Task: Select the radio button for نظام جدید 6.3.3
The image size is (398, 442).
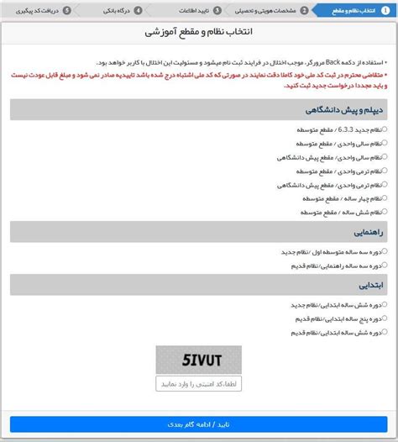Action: pos(385,129)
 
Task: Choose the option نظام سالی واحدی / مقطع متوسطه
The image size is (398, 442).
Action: pos(385,143)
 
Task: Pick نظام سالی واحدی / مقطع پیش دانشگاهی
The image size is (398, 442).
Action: pos(385,156)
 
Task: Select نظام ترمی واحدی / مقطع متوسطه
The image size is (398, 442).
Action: pos(385,170)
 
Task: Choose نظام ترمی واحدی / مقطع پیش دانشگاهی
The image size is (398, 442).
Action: pos(385,183)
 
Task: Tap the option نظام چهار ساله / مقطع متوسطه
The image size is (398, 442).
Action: pos(385,197)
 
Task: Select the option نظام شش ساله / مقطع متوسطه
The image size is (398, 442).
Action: pos(385,210)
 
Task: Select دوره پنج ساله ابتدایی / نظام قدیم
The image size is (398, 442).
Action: pos(385,318)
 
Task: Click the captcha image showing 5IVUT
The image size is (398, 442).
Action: pos(198,359)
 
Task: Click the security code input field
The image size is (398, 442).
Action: pos(198,383)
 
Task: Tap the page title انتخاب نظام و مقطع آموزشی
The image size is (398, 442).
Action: pos(199,32)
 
